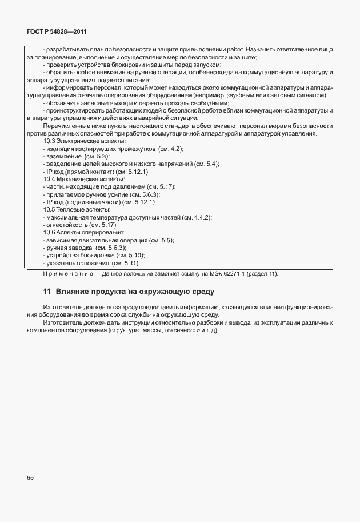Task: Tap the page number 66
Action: pos(30,477)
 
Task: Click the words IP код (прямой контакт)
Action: pos(79,172)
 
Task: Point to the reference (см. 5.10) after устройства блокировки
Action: pos(130,256)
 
